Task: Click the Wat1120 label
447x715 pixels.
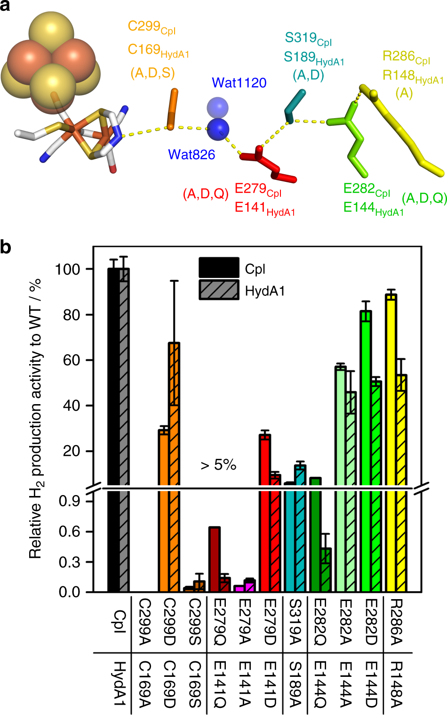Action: [x=239, y=83]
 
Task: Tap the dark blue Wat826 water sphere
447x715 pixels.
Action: [x=218, y=129]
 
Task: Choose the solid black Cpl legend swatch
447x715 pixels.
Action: [x=219, y=268]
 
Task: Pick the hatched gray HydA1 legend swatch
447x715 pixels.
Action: [x=219, y=290]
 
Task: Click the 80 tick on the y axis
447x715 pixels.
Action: [x=72, y=315]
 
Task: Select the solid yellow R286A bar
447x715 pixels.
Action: [x=391, y=424]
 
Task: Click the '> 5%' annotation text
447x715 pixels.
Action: [x=218, y=465]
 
